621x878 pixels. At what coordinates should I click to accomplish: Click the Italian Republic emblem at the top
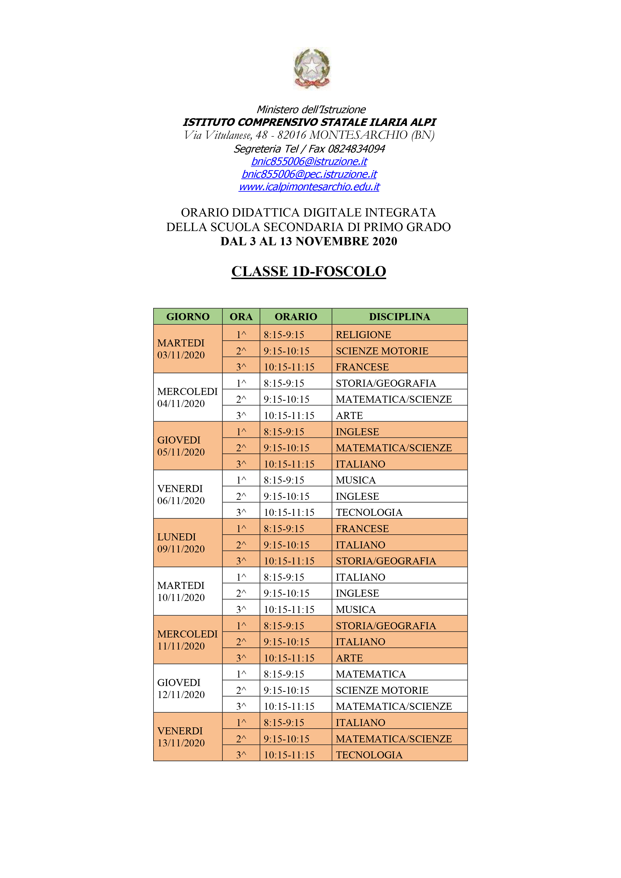point(312,68)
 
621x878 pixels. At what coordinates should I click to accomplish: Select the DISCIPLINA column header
point(399,317)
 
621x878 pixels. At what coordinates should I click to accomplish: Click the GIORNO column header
point(188,317)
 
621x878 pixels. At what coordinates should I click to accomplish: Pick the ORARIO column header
point(296,317)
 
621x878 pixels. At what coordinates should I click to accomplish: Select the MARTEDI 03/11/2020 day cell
point(181,349)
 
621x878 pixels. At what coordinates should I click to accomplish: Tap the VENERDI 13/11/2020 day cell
point(181,737)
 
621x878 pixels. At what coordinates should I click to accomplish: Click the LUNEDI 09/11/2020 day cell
point(181,543)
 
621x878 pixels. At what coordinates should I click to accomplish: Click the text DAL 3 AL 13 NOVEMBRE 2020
point(308,241)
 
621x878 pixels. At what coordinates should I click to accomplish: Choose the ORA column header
point(241,317)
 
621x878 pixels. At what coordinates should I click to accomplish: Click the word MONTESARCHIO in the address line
point(359,135)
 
